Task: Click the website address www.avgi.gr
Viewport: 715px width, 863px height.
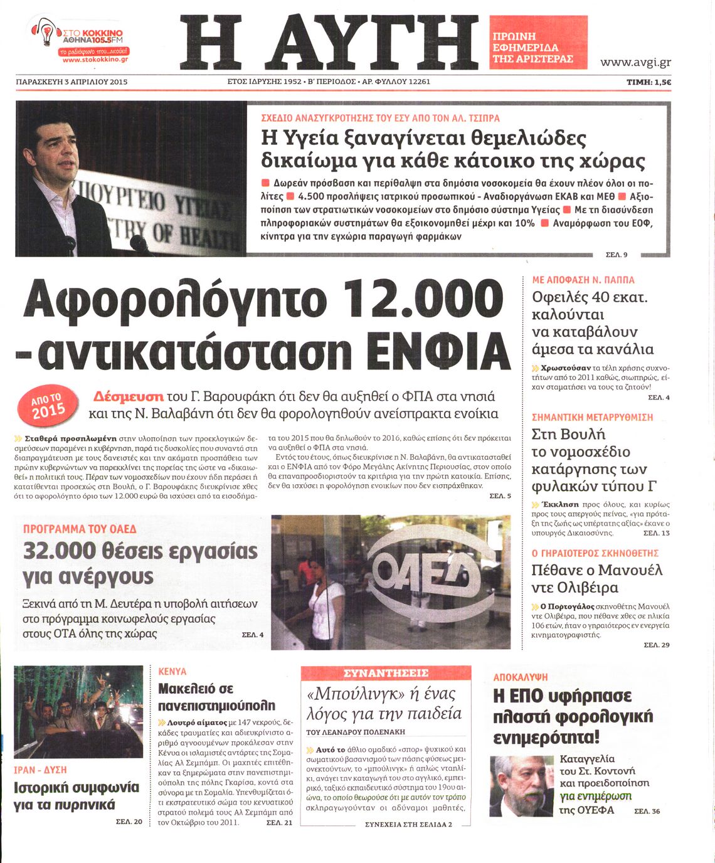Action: (635, 62)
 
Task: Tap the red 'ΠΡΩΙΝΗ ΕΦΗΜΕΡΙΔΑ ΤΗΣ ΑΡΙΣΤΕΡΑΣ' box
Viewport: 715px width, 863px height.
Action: (538, 43)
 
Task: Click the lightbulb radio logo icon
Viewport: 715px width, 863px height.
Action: (45, 32)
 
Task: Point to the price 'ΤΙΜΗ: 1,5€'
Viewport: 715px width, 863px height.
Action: (649, 82)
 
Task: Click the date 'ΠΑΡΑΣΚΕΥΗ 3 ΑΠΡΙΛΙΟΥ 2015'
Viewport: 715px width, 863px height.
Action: (71, 82)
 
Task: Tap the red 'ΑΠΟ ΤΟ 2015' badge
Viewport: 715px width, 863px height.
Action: (48, 405)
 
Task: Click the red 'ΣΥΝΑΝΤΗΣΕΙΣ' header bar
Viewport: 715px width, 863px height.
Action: (386, 673)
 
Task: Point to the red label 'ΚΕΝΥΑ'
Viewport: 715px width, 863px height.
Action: (172, 671)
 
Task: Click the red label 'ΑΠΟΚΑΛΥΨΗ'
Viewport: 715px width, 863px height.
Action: (521, 677)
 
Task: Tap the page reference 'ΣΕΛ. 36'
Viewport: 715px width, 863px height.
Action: (647, 811)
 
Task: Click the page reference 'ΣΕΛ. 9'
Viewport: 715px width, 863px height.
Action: (617, 254)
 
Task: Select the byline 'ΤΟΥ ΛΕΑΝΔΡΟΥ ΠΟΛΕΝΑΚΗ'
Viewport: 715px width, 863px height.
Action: (356, 732)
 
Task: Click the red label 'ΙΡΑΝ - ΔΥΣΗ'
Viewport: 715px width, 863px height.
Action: (40, 770)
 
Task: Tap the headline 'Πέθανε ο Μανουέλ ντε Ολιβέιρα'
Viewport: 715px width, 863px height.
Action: (596, 579)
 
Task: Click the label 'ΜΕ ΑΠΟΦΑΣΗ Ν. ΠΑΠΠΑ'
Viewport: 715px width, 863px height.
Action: (583, 280)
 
